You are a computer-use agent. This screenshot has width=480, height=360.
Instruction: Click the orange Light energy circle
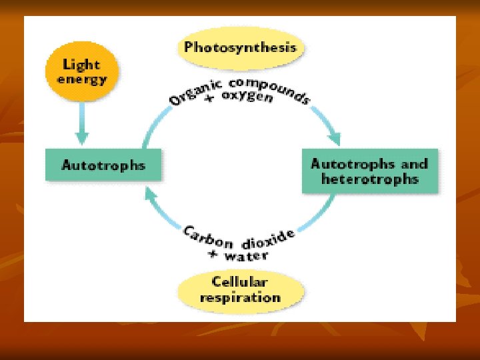pyautogui.click(x=81, y=71)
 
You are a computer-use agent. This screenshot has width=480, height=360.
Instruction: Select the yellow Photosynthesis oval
pyautogui.click(x=241, y=47)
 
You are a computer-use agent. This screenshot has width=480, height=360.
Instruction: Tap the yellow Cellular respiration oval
pyautogui.click(x=241, y=290)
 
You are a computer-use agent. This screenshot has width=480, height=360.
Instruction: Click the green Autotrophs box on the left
pyautogui.click(x=103, y=165)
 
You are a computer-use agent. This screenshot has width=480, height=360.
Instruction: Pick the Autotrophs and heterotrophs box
pyautogui.click(x=370, y=171)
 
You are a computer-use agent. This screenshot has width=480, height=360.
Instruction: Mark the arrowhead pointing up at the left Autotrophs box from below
pyautogui.click(x=152, y=194)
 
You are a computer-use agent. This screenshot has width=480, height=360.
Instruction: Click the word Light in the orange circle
pyautogui.click(x=81, y=65)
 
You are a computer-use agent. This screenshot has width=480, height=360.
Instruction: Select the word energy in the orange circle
pyautogui.click(x=81, y=79)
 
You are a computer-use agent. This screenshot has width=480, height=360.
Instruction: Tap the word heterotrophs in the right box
pyautogui.click(x=370, y=179)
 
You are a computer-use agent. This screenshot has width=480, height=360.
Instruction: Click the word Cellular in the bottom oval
pyautogui.click(x=241, y=282)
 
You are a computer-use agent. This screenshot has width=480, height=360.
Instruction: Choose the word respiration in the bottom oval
pyautogui.click(x=241, y=297)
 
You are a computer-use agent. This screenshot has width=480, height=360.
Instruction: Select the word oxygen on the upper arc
pyautogui.click(x=250, y=98)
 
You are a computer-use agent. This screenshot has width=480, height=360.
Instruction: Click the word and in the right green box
pyautogui.click(x=413, y=163)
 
